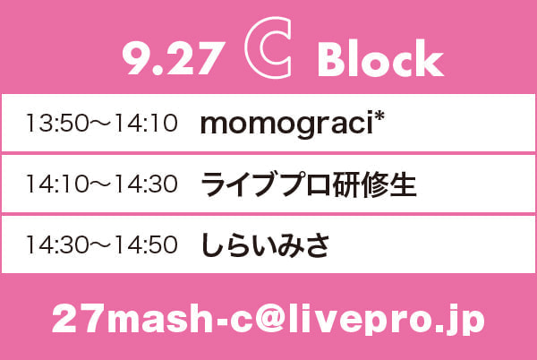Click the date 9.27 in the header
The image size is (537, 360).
coord(174,58)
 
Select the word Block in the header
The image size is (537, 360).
coord(380,57)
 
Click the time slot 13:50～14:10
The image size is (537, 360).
coord(102,124)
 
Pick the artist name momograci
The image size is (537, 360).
coord(287,124)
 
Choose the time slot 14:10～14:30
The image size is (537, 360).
coord(102,184)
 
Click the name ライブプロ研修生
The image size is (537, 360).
coord(308,184)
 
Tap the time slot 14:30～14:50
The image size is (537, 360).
coord(102,244)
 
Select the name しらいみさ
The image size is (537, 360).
coord(266,245)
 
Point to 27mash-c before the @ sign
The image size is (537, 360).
coord(153,319)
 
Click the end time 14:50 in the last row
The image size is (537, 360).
coord(147,244)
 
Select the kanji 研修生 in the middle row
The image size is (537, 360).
coord(374,184)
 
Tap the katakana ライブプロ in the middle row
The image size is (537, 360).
coord(266,184)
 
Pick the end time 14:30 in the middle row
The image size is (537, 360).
coord(147,184)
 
